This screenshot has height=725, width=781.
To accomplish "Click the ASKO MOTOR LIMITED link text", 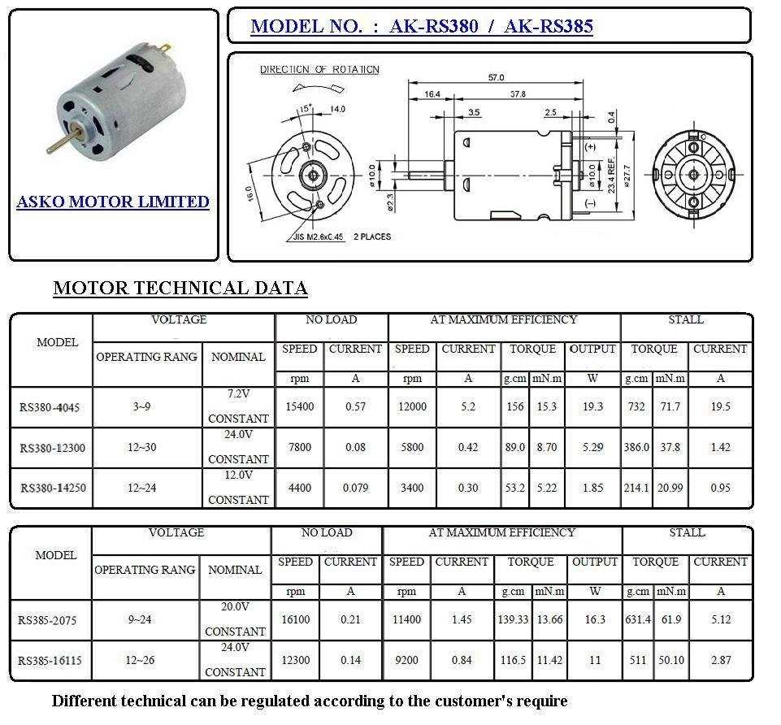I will [x=113, y=202].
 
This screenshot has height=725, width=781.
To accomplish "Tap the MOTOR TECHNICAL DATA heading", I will [x=180, y=288].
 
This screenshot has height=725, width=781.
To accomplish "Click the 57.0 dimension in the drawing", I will [x=496, y=77].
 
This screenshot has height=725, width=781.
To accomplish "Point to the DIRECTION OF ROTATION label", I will [x=319, y=70].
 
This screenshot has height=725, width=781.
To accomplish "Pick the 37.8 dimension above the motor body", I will [x=517, y=94].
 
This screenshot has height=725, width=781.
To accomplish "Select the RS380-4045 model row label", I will [x=50, y=406].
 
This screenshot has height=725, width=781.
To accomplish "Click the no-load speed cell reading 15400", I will [x=299, y=406].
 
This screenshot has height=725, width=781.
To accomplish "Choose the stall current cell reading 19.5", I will [x=720, y=406].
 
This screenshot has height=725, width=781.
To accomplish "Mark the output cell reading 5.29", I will [x=593, y=447].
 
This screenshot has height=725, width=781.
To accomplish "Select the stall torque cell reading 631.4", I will [x=638, y=620].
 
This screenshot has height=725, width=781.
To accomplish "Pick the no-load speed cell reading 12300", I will [x=295, y=661].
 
